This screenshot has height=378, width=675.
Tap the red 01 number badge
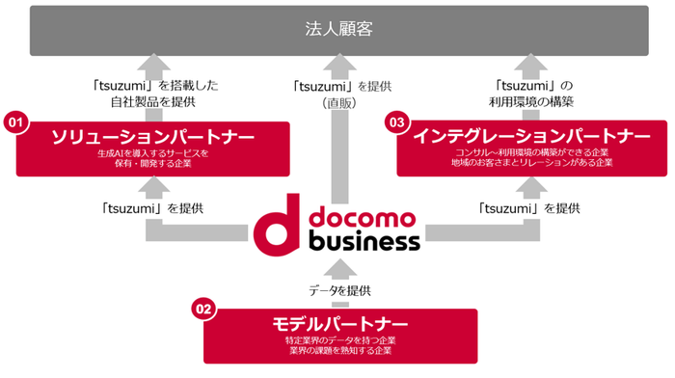pos(14,122)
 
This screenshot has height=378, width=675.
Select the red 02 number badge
pos(202,310)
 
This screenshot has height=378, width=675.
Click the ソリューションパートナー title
pos(154,137)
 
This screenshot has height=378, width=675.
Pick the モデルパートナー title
pos(339,323)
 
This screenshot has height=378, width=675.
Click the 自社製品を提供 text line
pos(152,99)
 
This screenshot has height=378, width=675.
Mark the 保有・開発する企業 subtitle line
pos(154,164)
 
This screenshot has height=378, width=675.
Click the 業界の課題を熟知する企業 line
pos(340,350)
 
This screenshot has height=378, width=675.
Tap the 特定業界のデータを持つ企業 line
pos(340,339)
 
